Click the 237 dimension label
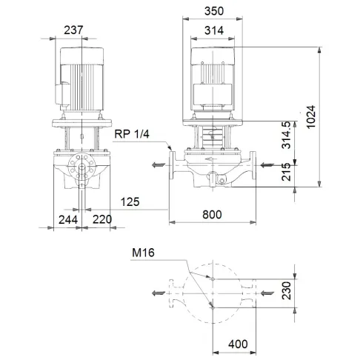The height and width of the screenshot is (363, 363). [x=73, y=30]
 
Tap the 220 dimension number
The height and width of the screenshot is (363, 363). [x=102, y=220]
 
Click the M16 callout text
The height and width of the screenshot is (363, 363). [x=144, y=253]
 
